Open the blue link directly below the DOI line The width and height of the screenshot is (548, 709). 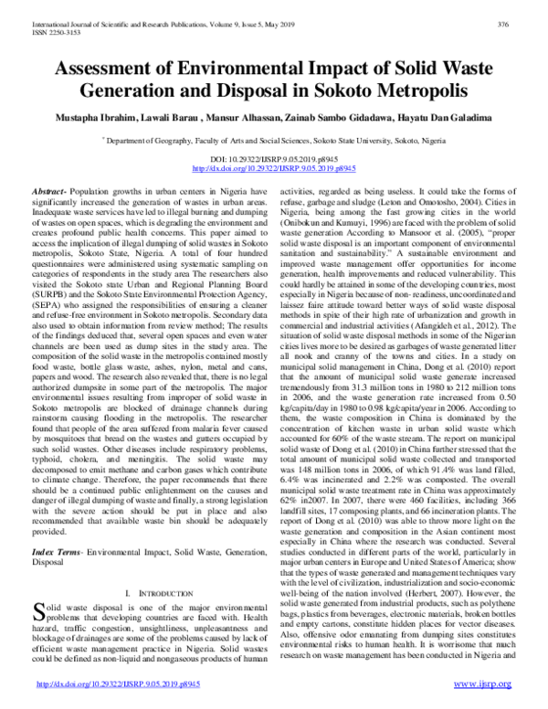[275, 169]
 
